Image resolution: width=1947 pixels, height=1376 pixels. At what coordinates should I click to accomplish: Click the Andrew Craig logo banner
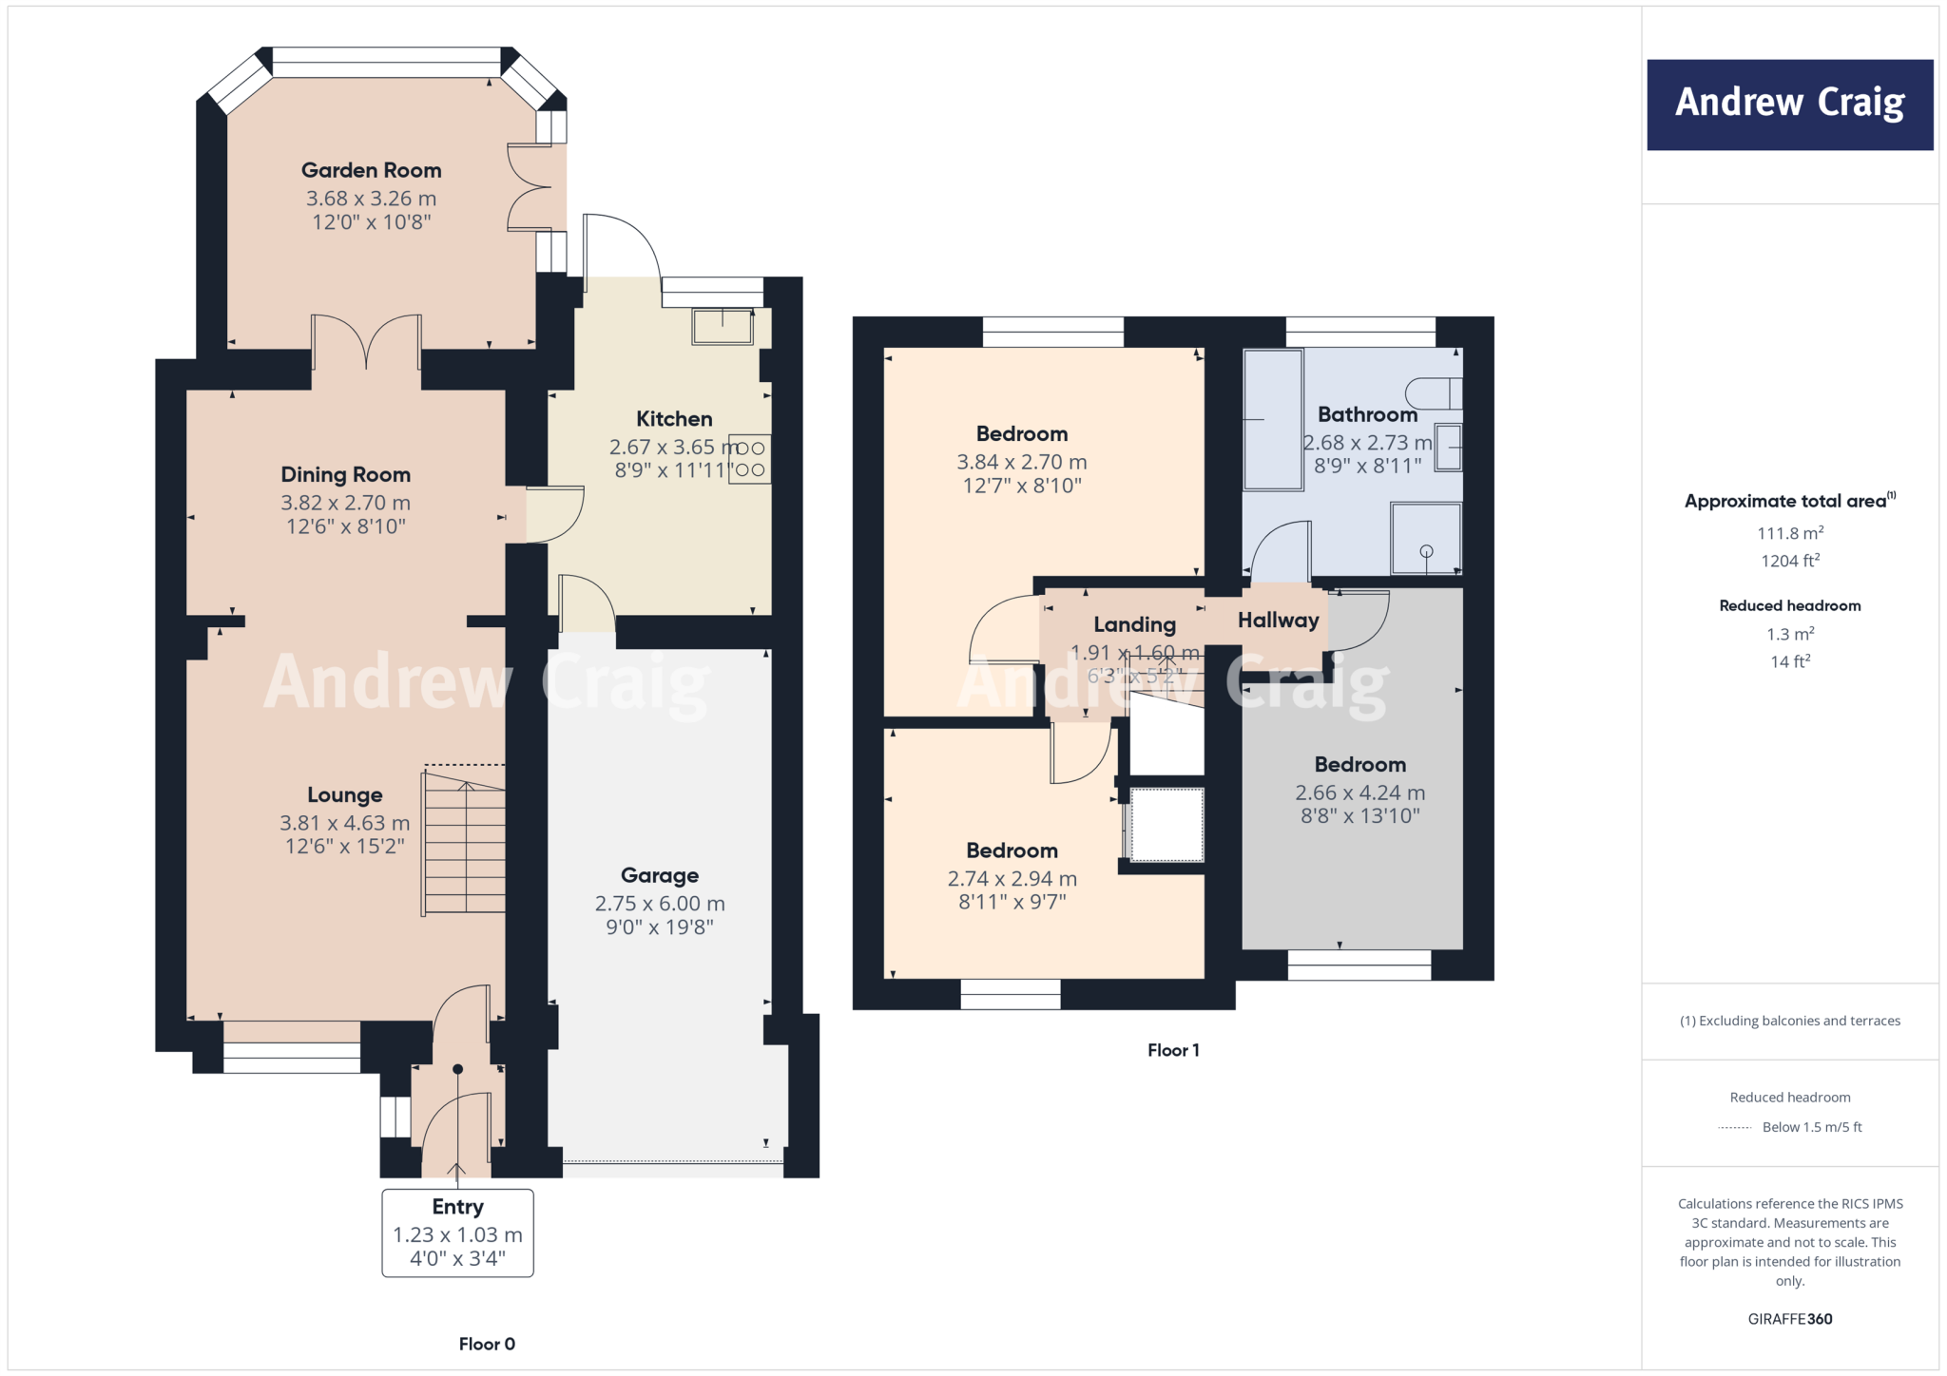pyautogui.click(x=1789, y=105)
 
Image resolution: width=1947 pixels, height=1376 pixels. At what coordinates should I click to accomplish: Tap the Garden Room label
pyautogui.click(x=372, y=170)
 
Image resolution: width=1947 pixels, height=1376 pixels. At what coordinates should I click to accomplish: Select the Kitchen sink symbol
pyautogui.click(x=723, y=327)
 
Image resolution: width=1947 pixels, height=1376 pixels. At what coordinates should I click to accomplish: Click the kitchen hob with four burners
pyautogui.click(x=749, y=459)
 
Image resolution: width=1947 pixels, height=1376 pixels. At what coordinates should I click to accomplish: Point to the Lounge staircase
pyautogui.click(x=465, y=842)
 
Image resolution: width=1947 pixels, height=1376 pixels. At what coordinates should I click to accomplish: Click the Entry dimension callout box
pyautogui.click(x=457, y=1233)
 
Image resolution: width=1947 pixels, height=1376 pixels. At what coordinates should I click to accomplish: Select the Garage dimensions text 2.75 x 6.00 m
pyautogui.click(x=660, y=904)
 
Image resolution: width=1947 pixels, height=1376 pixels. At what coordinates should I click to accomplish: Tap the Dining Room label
pyautogui.click(x=345, y=474)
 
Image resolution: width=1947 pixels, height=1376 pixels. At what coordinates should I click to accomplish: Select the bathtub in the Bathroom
pyautogui.click(x=1273, y=419)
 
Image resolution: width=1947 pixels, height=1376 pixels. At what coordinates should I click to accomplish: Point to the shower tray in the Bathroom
pyautogui.click(x=1425, y=539)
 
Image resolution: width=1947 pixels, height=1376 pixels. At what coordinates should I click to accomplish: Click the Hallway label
pyautogui.click(x=1278, y=621)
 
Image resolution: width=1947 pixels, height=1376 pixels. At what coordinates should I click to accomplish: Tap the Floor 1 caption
pyautogui.click(x=1173, y=1050)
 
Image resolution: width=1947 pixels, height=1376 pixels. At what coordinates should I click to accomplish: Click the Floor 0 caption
pyautogui.click(x=487, y=1344)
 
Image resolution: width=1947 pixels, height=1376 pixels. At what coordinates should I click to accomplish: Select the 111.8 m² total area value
pyautogui.click(x=1789, y=533)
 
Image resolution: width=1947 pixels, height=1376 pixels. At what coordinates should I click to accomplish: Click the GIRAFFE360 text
pyautogui.click(x=1789, y=1319)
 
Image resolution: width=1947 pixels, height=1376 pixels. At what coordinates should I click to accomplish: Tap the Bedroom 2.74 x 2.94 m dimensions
pyautogui.click(x=1012, y=879)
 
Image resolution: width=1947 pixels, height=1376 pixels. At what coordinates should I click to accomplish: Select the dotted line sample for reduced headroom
pyautogui.click(x=1735, y=1128)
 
